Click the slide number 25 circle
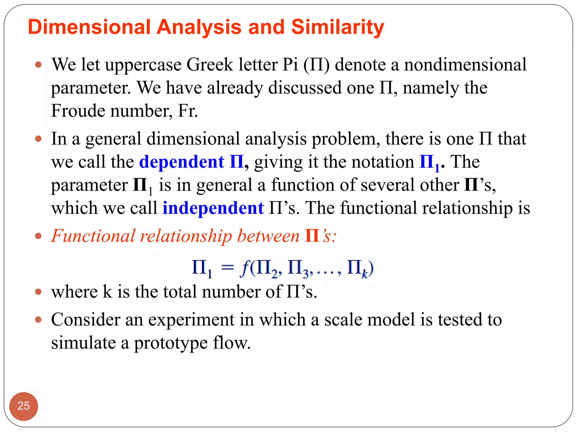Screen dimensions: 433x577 pos(23,406)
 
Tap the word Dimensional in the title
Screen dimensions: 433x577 pos(89,27)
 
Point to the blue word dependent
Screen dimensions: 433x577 pos(182,162)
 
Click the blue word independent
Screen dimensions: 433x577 pos(213,208)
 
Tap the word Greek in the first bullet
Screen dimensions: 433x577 pos(210,65)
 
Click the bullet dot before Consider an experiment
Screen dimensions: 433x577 pos(38,320)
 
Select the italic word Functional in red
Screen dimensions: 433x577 pos(93,236)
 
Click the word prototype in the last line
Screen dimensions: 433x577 pos(171,343)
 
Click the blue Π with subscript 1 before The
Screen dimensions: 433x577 pos(429,163)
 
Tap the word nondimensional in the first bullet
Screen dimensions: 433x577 pos(465,65)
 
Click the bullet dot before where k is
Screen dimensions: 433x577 pos(38,291)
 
